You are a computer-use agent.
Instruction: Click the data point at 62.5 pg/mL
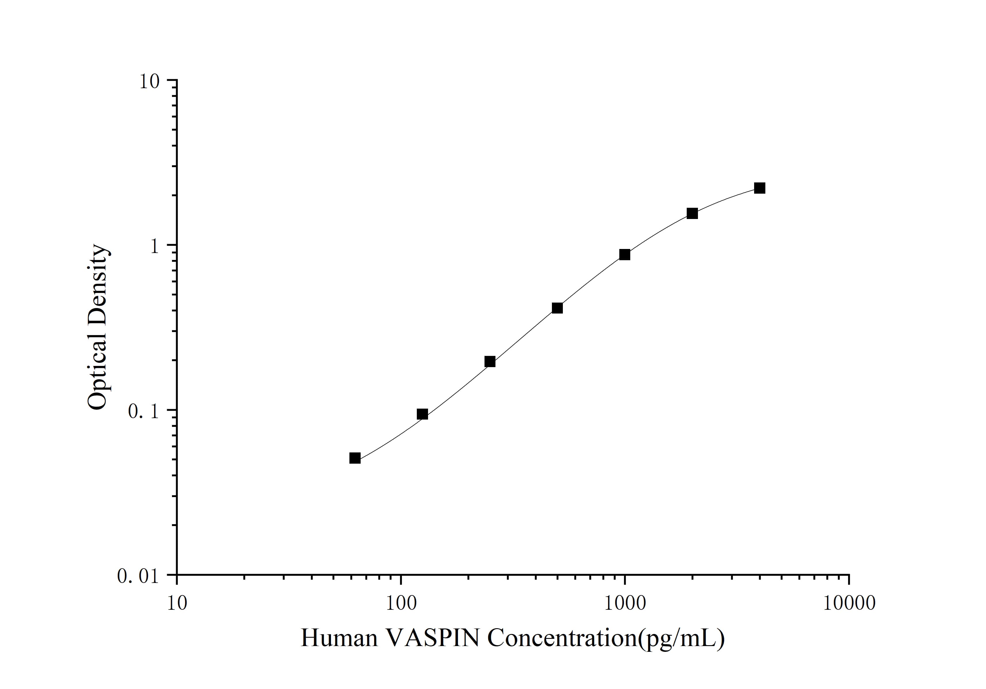[355, 458]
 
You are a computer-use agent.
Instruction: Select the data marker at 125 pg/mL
[423, 414]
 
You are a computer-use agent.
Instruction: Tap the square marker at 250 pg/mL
[490, 362]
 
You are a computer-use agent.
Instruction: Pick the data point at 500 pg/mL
[557, 308]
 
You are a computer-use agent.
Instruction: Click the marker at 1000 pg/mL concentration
[625, 255]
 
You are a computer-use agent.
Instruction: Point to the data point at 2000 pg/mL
[692, 214]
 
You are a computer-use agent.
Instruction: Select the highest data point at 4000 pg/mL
[760, 188]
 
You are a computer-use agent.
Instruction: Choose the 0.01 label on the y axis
[138, 576]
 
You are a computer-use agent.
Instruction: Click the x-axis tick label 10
[177, 603]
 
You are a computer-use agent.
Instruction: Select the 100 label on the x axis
[401, 603]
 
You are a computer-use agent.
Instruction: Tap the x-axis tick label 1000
[625, 603]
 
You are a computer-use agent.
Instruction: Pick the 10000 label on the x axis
[849, 603]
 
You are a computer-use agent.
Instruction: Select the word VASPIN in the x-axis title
[433, 638]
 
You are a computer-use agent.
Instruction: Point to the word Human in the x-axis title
[339, 638]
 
